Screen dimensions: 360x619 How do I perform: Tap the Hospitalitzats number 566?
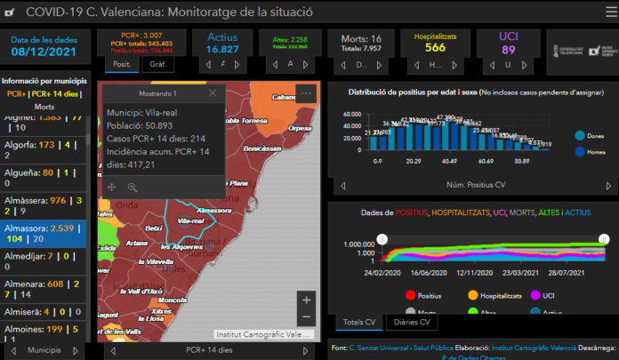click(435, 48)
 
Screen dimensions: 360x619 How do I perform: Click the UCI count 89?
click(508, 51)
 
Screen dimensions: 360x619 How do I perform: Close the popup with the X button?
click(212, 93)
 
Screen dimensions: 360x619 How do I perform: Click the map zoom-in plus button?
click(306, 300)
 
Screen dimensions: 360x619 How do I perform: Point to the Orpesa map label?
click(300, 127)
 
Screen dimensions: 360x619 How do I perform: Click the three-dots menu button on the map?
click(306, 92)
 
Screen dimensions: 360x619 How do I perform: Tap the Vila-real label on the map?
click(191, 220)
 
